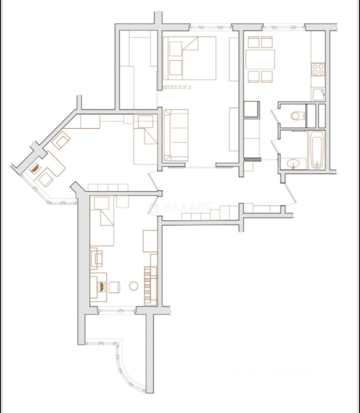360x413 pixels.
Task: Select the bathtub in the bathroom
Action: [x=317, y=150]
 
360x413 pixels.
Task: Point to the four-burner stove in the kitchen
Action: [x=318, y=69]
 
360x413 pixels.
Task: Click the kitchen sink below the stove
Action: [x=318, y=94]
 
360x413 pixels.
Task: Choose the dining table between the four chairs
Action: [x=260, y=59]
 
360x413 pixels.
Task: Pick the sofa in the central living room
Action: [x=176, y=135]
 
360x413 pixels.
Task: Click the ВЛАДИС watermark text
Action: [x=187, y=207]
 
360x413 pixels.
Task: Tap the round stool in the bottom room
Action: [x=134, y=286]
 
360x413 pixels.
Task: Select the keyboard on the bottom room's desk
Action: [x=102, y=286]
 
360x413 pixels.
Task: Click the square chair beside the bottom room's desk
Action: [x=115, y=287]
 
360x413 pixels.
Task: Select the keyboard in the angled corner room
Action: [x=35, y=168]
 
